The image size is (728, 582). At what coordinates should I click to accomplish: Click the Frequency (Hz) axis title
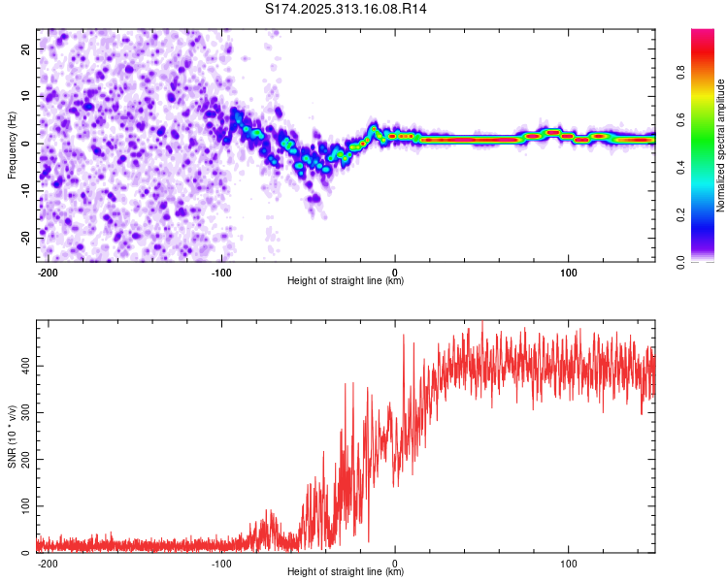point(12,145)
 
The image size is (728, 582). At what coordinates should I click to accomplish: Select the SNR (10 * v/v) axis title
point(12,436)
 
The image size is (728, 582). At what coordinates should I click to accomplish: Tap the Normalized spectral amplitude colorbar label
point(720,145)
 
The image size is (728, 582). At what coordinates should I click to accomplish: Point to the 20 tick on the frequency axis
point(25,48)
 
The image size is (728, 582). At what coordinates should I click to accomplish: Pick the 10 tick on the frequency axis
point(25,96)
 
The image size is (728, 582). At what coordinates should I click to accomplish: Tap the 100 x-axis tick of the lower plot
point(569,563)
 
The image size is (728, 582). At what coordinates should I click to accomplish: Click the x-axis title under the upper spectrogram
point(346,281)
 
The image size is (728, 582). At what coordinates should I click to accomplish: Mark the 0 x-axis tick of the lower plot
point(395,563)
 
